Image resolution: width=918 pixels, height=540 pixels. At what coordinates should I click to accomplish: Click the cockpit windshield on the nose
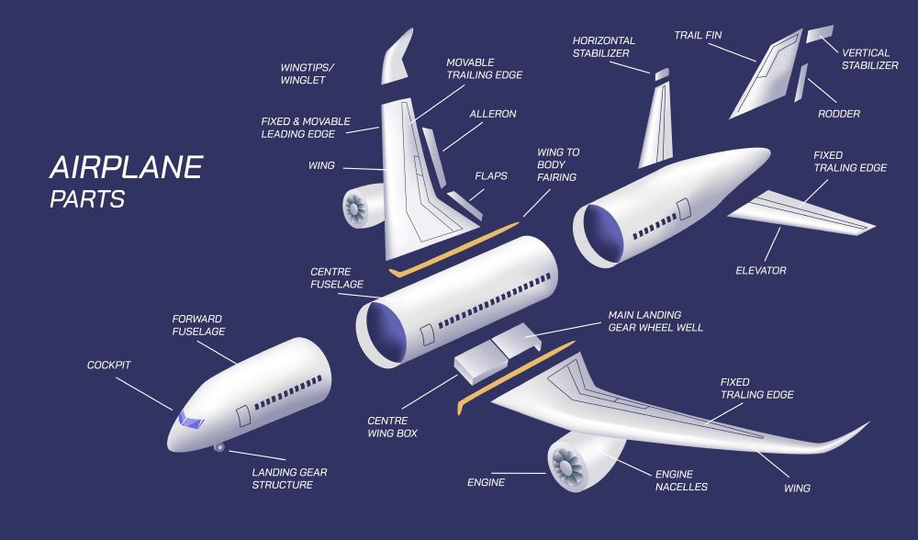coord(191,420)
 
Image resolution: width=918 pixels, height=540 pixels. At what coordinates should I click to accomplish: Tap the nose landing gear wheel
coord(219,447)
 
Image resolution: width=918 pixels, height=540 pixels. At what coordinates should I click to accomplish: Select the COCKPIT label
coord(109,365)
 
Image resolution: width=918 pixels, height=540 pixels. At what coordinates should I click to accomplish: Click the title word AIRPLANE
coord(127,167)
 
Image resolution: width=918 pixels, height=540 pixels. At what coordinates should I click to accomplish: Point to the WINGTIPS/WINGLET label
coord(308,73)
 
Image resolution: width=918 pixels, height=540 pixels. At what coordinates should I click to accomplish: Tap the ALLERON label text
coord(493,114)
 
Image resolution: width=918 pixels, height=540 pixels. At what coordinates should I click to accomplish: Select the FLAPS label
coord(491,175)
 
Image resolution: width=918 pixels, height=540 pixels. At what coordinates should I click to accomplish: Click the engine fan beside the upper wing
coord(354,208)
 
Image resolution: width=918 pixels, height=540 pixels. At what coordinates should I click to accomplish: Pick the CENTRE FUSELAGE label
coord(337,278)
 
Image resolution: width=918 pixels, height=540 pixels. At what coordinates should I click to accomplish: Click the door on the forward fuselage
coord(243,415)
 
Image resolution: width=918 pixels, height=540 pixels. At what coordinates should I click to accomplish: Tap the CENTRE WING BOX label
coord(392,427)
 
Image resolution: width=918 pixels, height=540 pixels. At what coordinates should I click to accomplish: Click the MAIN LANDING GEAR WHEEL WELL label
coord(655,321)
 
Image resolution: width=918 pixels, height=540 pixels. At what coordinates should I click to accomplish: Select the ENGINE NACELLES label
coord(681,480)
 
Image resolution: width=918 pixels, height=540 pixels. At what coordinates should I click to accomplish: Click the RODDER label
coord(839,114)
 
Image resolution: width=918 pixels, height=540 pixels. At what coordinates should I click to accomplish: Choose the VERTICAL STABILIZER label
coord(870,59)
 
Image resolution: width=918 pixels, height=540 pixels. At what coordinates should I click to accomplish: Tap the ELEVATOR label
coord(761,271)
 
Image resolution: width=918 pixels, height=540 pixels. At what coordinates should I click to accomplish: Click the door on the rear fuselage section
coord(684,209)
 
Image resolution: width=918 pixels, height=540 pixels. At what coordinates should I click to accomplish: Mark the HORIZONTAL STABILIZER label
coord(604,47)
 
